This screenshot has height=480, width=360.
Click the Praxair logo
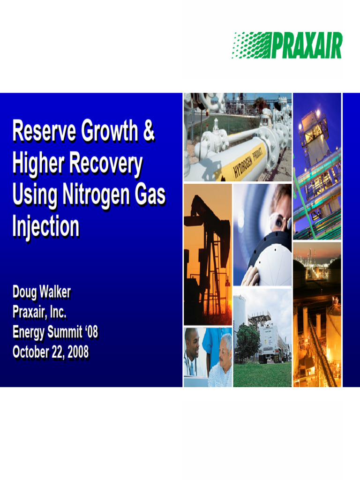click(x=287, y=45)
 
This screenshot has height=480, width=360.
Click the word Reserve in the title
click(x=43, y=132)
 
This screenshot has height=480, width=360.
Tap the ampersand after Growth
click(x=148, y=132)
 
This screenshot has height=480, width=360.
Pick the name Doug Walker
click(x=41, y=292)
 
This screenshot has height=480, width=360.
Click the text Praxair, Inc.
click(x=39, y=312)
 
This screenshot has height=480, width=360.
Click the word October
click(x=30, y=352)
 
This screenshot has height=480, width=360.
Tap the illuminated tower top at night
click(x=313, y=127)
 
